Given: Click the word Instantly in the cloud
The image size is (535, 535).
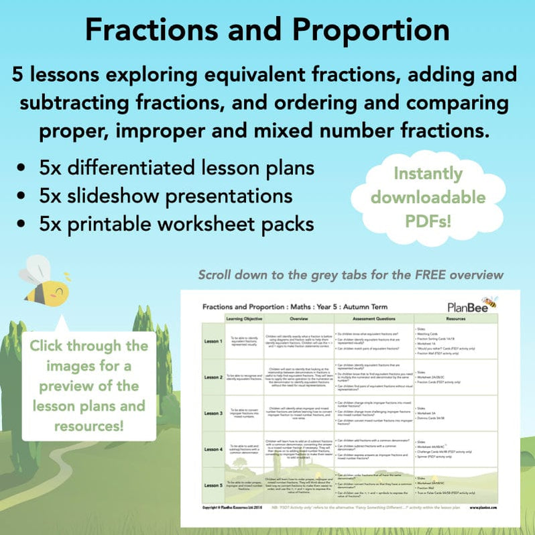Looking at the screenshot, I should pyautogui.click(x=437, y=174).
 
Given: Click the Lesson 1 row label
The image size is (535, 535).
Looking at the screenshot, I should pyautogui.click(x=213, y=340).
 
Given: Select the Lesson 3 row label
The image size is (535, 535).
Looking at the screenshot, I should pyautogui.click(x=213, y=413).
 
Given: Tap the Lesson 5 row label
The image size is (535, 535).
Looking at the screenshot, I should pyautogui.click(x=213, y=485).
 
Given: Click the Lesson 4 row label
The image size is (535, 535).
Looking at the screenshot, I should pyautogui.click(x=213, y=449).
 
